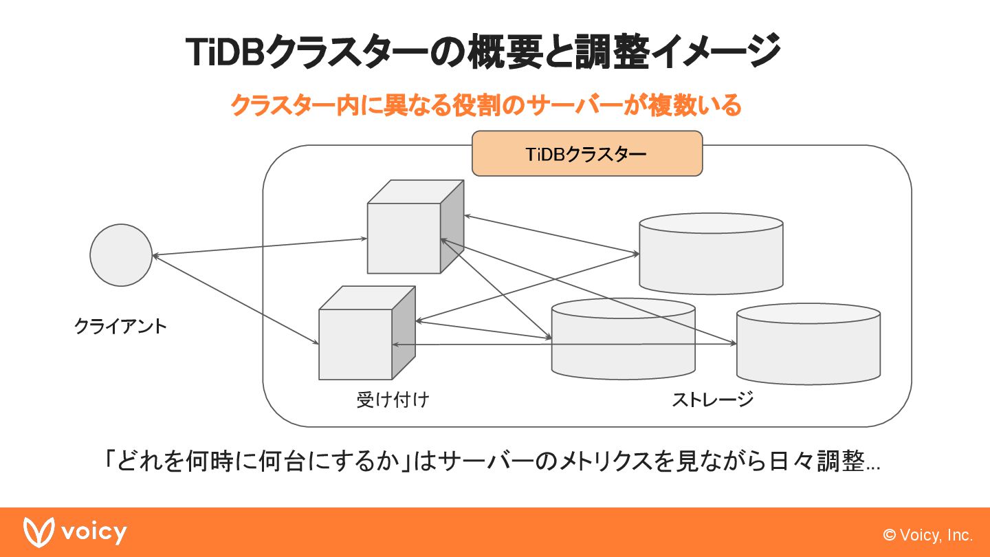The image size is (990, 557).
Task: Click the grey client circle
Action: click(121, 255)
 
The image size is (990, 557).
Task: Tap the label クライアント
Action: click(120, 325)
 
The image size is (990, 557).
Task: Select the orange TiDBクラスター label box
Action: click(587, 154)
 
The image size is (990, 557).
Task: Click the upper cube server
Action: click(405, 237)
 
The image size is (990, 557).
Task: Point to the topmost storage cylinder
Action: click(711, 254)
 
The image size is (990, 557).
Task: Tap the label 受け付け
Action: click(393, 400)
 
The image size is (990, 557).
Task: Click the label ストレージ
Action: click(712, 399)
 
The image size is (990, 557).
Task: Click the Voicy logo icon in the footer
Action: click(38, 532)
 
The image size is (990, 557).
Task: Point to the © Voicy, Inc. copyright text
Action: click(928, 535)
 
